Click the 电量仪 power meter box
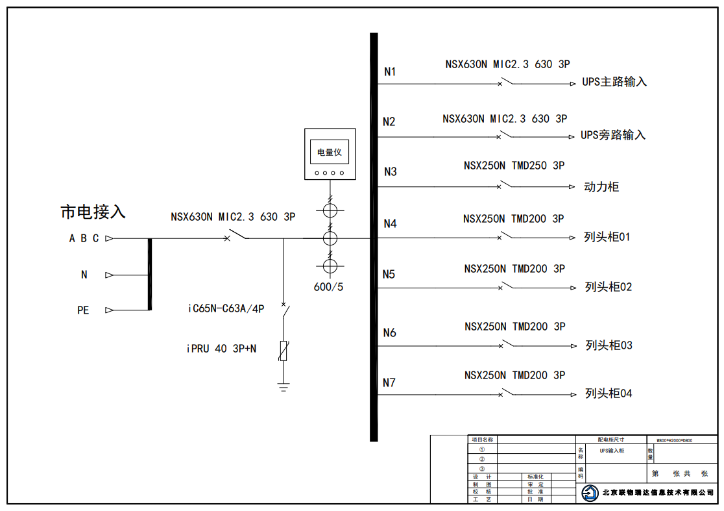(x=330, y=154)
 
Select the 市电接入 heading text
(x=93, y=212)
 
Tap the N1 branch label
(x=389, y=71)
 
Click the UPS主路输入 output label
(x=614, y=82)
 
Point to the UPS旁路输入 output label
(x=613, y=135)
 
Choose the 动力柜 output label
(x=601, y=187)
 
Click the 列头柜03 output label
(x=609, y=345)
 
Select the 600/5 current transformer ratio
(x=329, y=287)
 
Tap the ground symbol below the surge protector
(x=284, y=388)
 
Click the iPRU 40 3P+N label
(x=221, y=349)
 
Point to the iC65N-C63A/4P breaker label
(x=226, y=309)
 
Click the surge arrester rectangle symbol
(x=284, y=351)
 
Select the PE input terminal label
(x=83, y=310)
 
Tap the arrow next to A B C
(x=109, y=238)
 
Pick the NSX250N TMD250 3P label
(x=514, y=166)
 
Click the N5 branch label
(x=389, y=274)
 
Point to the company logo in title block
(x=590, y=493)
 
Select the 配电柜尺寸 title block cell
(x=610, y=440)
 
